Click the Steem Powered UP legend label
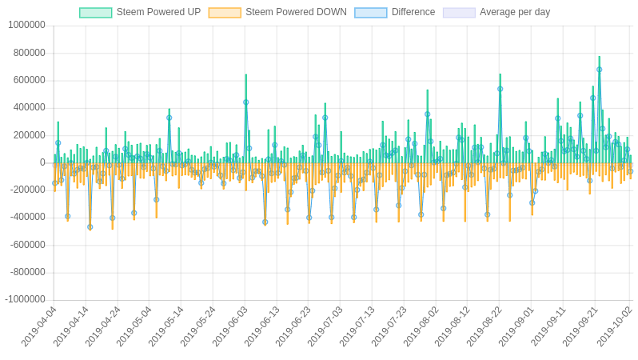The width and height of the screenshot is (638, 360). click(158, 12)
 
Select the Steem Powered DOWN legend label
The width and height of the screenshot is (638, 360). click(296, 12)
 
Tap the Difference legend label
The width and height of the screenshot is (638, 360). click(413, 12)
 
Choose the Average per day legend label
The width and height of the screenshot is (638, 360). click(515, 12)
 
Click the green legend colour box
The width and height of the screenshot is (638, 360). click(95, 13)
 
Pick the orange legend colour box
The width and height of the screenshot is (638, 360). click(225, 13)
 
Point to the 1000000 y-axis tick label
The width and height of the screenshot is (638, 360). click(26, 25)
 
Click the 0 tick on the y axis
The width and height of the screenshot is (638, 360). click(42, 162)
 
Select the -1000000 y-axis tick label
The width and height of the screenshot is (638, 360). click(25, 299)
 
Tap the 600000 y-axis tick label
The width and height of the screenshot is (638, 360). click(29, 80)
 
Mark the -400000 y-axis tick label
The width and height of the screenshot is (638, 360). click(27, 217)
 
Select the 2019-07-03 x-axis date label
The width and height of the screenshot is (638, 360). click(326, 326)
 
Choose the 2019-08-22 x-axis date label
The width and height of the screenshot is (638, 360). click(485, 326)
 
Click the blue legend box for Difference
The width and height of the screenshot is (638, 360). click(370, 13)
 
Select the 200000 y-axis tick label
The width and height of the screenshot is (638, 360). click(29, 134)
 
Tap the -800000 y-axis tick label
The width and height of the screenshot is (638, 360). click(27, 272)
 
